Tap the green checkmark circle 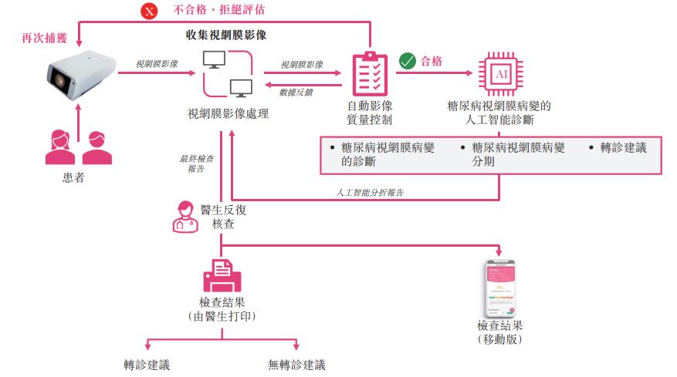(x=407, y=61)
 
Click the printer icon (x=222, y=274)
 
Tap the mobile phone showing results (x=499, y=286)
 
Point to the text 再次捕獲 (x=37, y=36)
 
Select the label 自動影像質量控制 (x=370, y=113)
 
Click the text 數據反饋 (x=296, y=92)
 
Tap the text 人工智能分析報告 (x=370, y=192)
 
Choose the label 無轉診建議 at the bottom (x=297, y=365)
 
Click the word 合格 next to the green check (x=432, y=61)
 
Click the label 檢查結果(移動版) (x=499, y=332)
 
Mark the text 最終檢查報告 (x=197, y=163)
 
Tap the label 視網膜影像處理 (x=228, y=113)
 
